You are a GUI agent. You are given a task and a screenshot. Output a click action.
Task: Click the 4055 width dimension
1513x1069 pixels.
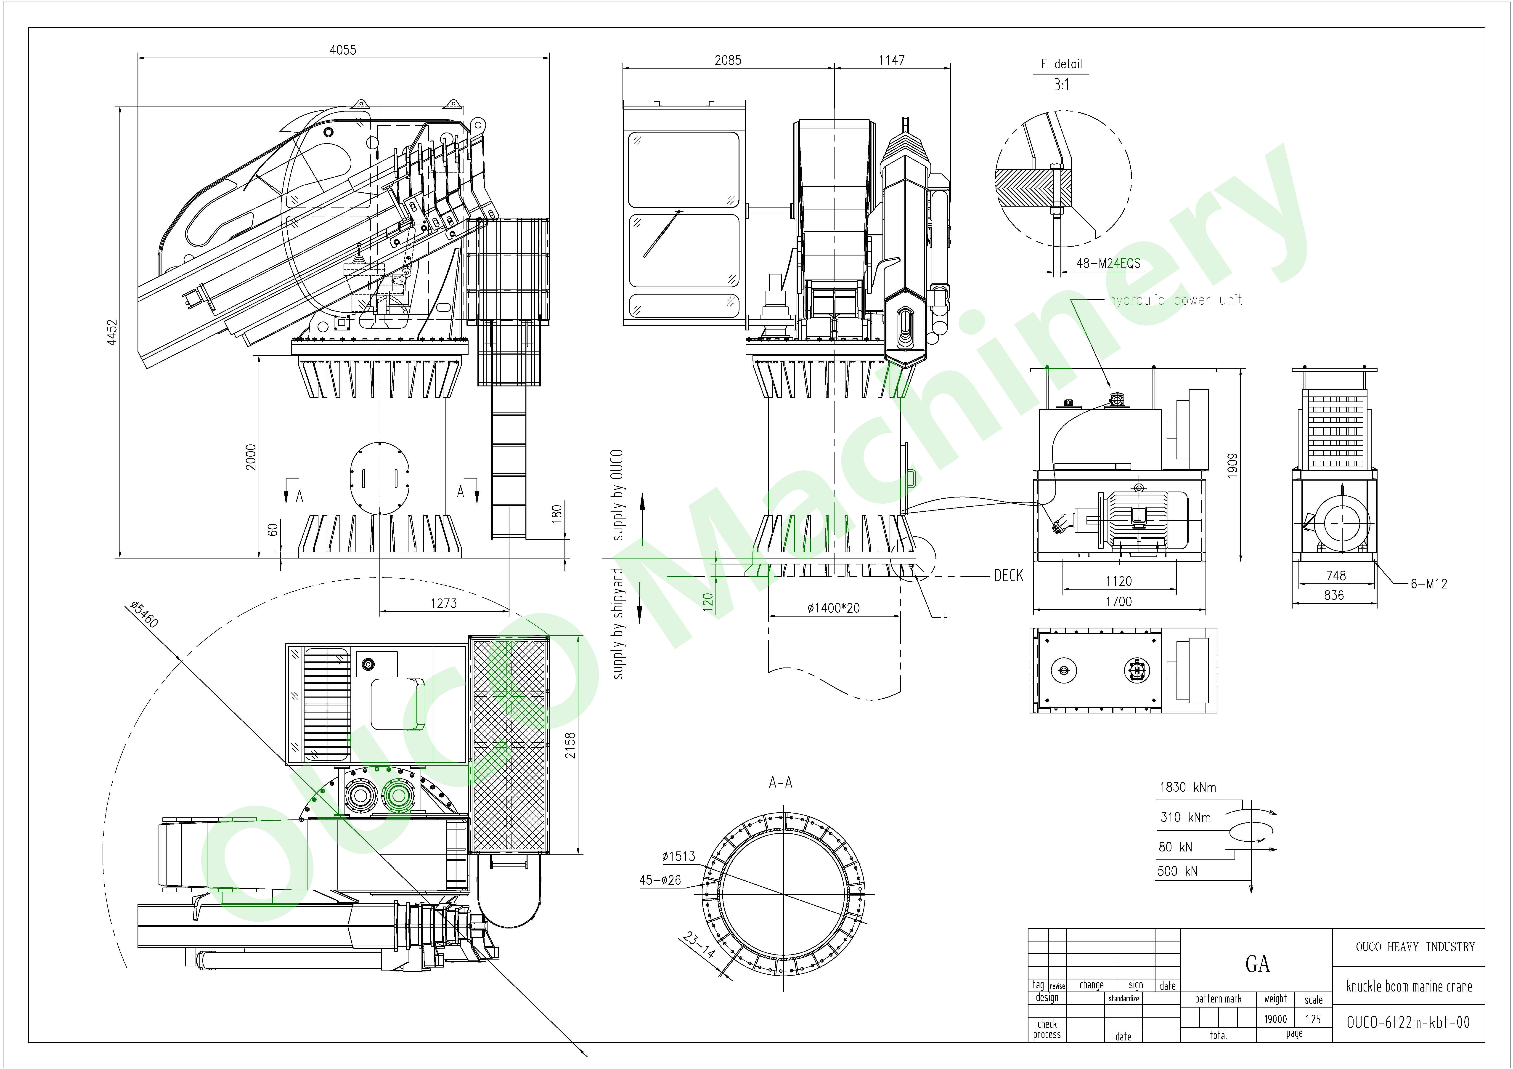tap(343, 50)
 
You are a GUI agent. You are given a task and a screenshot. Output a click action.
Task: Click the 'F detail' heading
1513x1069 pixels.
tap(1061, 64)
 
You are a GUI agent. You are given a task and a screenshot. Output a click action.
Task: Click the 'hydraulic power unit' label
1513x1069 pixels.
tap(1175, 300)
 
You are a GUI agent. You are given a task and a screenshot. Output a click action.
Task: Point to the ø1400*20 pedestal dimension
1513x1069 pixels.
tap(834, 608)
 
